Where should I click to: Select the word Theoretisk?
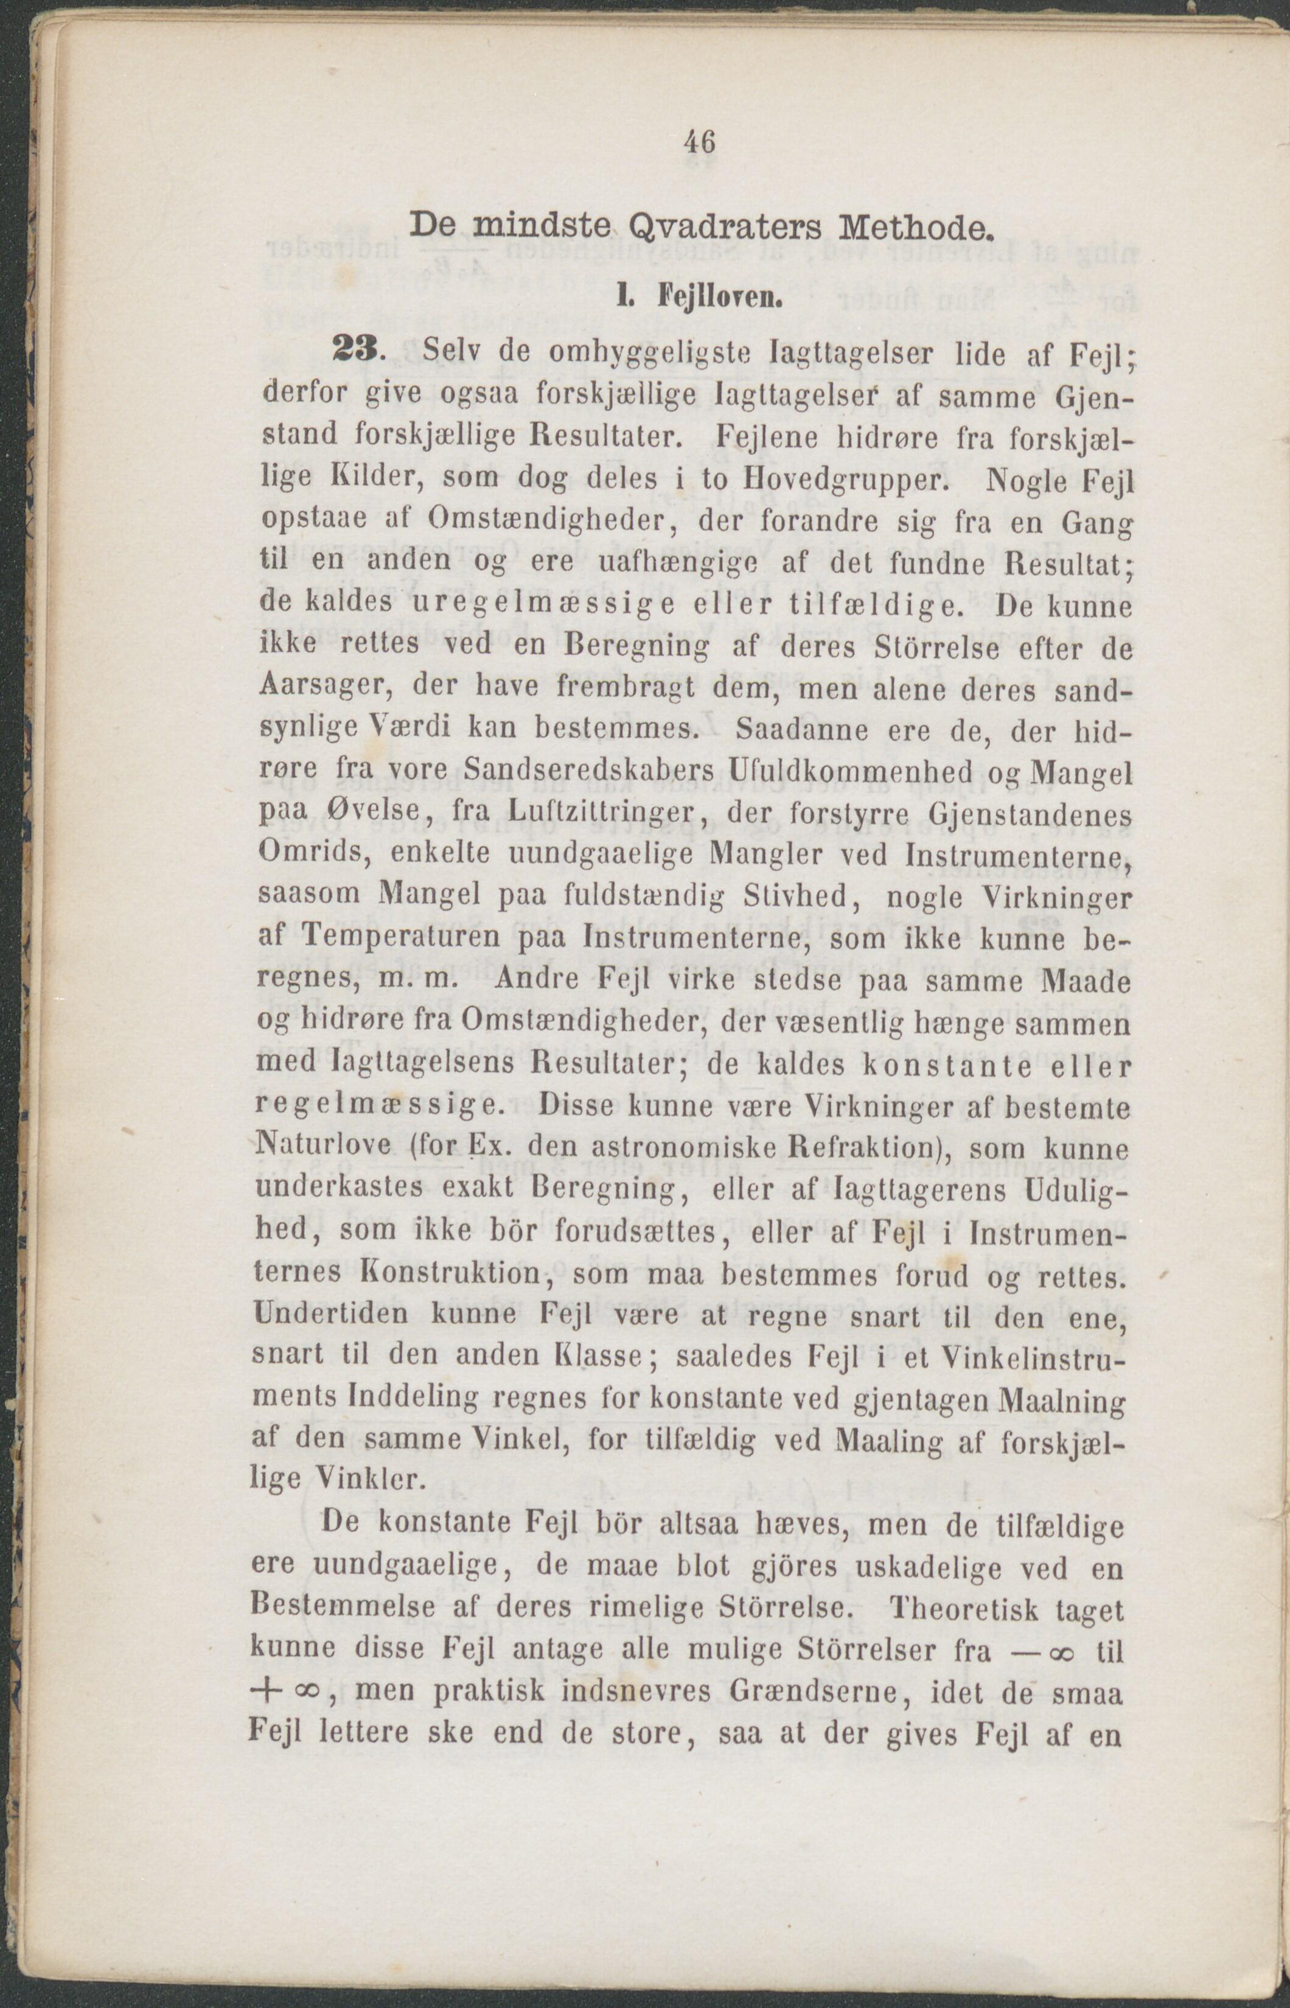click(967, 1609)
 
